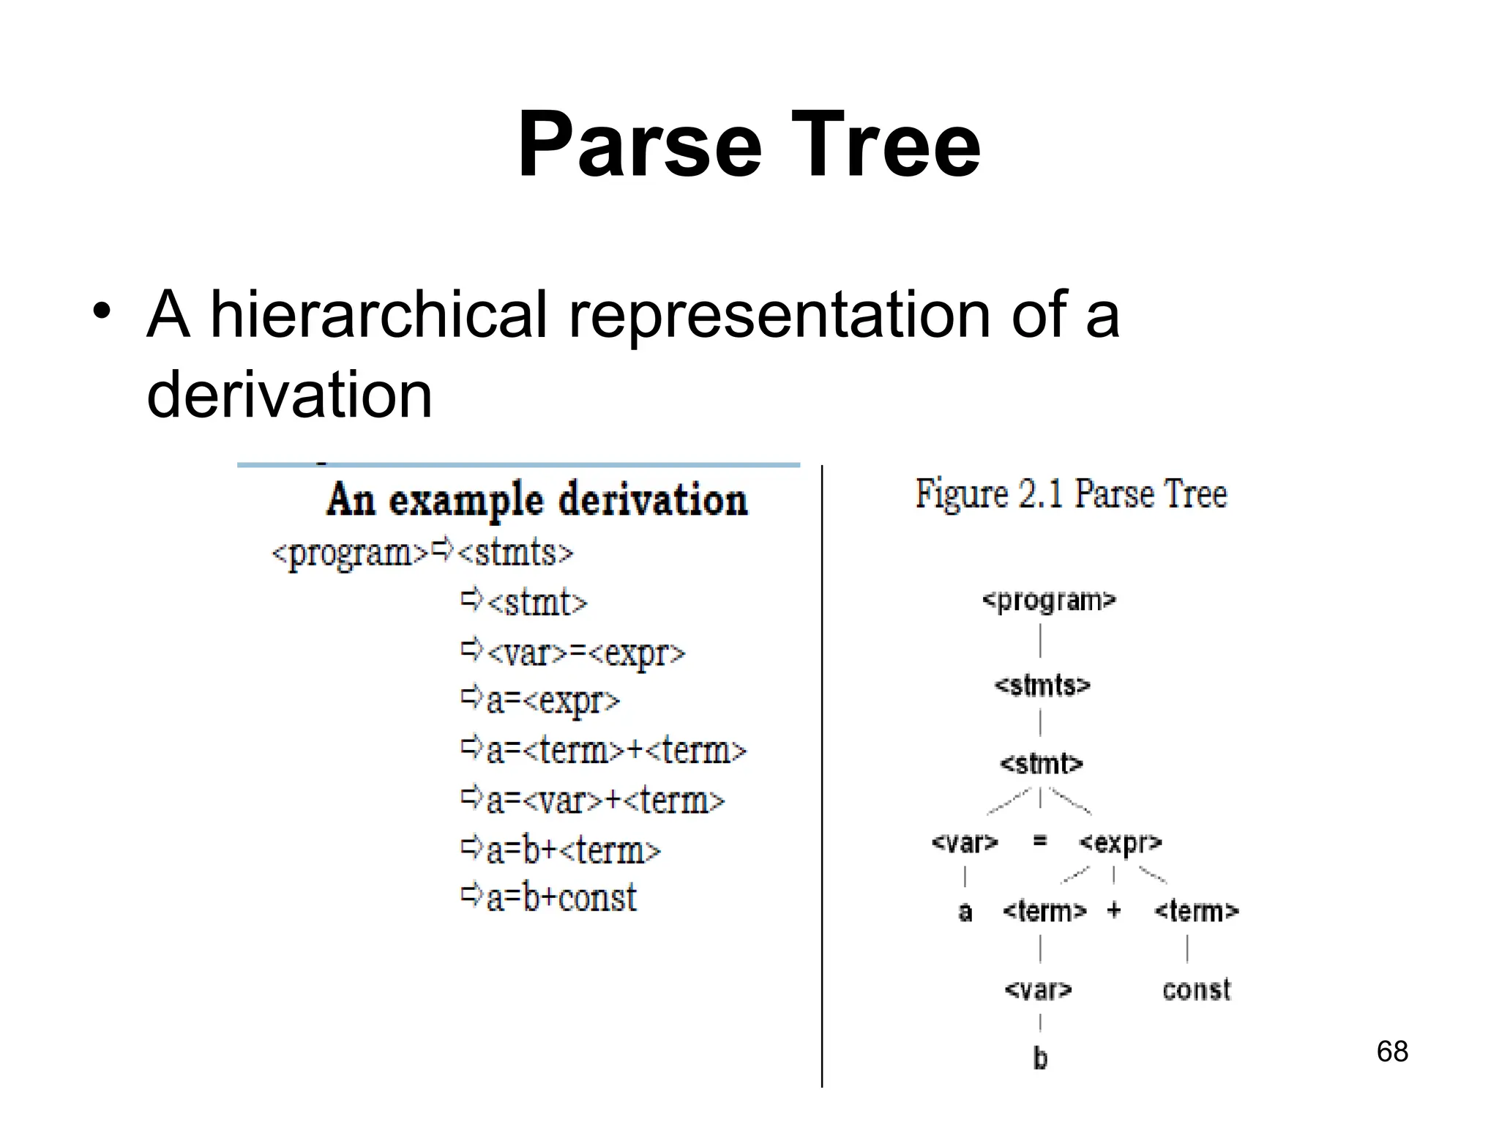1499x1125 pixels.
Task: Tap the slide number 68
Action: (1391, 1052)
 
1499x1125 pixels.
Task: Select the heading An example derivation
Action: (537, 500)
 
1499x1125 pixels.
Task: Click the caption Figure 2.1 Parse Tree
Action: (1071, 494)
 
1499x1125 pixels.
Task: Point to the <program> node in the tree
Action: (1048, 601)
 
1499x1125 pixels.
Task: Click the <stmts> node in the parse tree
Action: (1042, 686)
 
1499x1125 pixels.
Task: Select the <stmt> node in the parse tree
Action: (1041, 764)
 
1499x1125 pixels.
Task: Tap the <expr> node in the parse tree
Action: (1120, 843)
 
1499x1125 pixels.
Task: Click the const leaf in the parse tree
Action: (1197, 990)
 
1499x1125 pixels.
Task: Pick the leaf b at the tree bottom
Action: (1040, 1058)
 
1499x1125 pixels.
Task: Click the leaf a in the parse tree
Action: (965, 912)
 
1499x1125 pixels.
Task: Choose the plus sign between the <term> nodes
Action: (1114, 910)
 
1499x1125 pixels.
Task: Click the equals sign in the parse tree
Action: (1039, 842)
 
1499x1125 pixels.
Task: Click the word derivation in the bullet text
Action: (290, 395)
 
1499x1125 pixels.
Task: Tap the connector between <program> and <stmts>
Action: (1040, 641)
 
